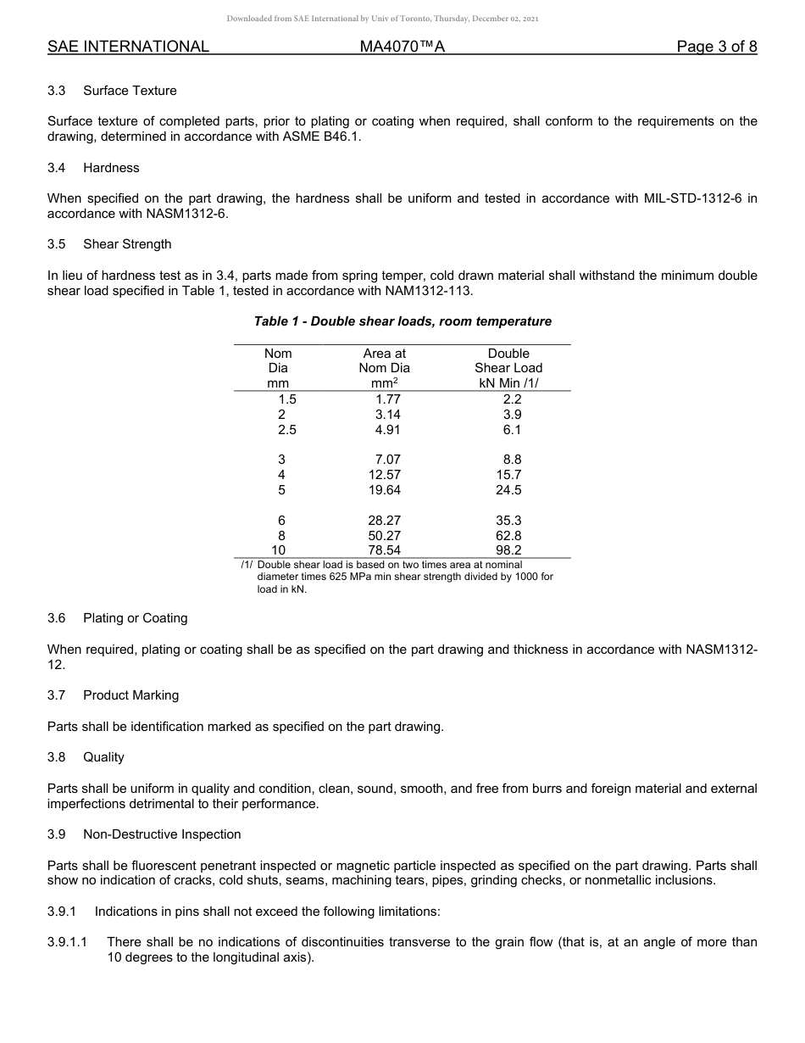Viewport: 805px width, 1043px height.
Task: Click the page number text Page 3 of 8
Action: (716, 47)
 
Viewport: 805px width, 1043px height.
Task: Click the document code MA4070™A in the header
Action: (402, 47)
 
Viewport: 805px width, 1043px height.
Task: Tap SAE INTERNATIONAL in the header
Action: (128, 47)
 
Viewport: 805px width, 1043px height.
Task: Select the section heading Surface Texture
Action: (130, 91)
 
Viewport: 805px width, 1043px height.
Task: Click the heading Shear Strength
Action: (127, 244)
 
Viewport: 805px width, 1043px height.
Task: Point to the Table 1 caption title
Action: (402, 321)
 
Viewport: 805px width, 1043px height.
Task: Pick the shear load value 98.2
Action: (508, 550)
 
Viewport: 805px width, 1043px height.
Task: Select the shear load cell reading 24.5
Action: (508, 490)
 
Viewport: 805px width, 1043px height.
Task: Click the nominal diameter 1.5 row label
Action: (287, 399)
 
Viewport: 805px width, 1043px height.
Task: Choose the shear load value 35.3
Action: (508, 521)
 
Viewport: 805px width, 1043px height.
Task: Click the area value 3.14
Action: (387, 415)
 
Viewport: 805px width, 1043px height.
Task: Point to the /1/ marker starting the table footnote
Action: (247, 565)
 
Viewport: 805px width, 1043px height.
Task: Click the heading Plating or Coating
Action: (136, 618)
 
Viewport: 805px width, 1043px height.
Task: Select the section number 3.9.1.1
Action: (73, 942)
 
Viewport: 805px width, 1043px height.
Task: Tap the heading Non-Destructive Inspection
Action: (162, 834)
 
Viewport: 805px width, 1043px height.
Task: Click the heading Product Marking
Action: (131, 695)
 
